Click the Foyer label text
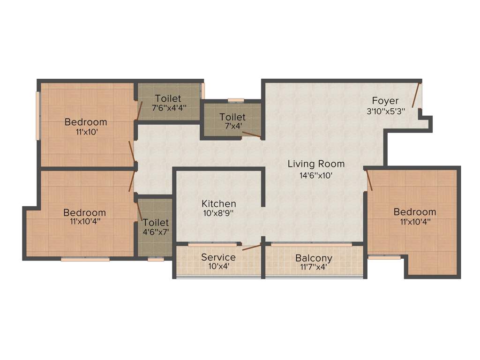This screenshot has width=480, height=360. click(x=385, y=101)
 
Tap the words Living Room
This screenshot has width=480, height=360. click(x=316, y=164)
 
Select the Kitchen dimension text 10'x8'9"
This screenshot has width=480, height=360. click(x=218, y=213)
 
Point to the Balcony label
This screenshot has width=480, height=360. click(x=314, y=258)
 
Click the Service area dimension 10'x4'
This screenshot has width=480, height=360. click(x=218, y=267)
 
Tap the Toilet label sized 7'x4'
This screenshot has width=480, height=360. click(x=232, y=117)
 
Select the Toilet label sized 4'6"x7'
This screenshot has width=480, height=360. click(x=156, y=223)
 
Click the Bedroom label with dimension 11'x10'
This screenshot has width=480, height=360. click(x=86, y=122)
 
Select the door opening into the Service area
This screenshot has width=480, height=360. click(x=252, y=247)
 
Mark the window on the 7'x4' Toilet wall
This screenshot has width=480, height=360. click(x=236, y=100)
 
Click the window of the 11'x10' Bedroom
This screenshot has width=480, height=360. click(x=38, y=115)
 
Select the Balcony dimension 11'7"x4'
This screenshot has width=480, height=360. click(x=314, y=268)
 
